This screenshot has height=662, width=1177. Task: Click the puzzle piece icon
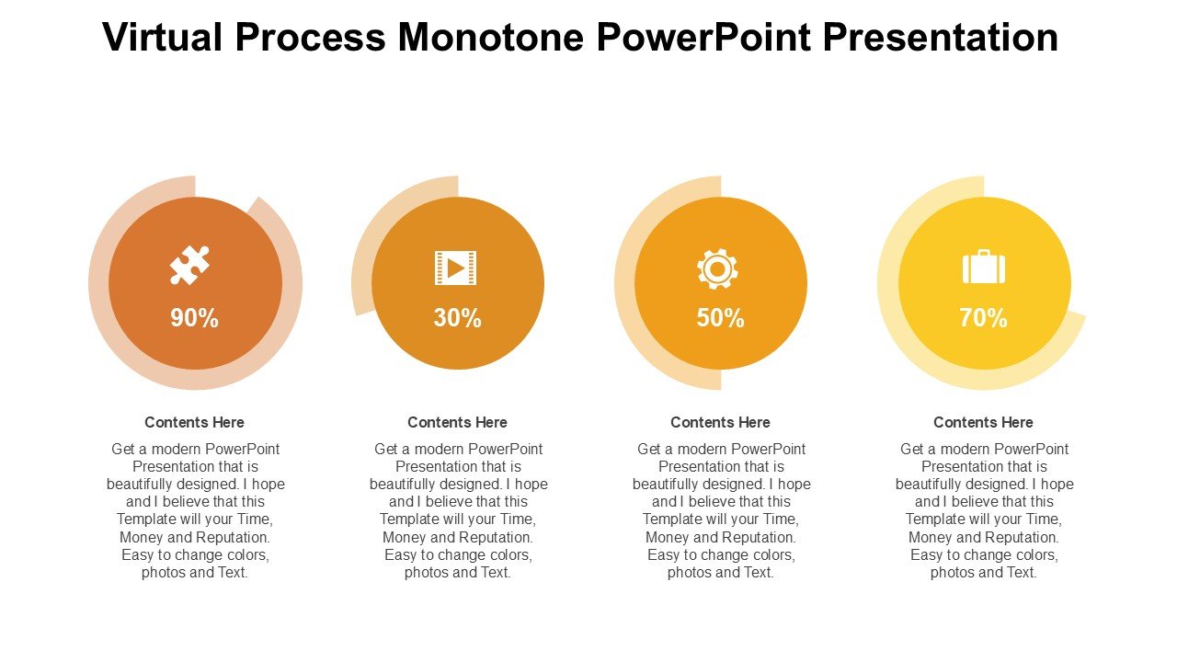[x=189, y=265]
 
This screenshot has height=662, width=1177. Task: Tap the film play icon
[x=455, y=268]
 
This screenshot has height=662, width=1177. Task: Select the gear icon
[x=717, y=268]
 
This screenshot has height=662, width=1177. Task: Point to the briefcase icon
[x=984, y=267]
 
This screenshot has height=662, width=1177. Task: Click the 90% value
[x=194, y=318]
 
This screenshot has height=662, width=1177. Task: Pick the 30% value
[x=458, y=318]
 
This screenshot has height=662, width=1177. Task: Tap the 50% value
[x=720, y=318]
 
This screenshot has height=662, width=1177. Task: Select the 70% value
[x=984, y=318]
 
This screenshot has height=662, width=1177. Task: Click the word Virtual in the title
[x=163, y=37]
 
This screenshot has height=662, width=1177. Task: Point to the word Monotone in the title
[x=491, y=37]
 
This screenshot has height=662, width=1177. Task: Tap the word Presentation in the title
[x=941, y=38]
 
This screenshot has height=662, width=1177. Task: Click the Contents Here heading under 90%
[x=194, y=422]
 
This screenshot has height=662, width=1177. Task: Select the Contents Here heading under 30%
[x=458, y=422]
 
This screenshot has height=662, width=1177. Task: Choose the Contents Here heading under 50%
[x=720, y=422]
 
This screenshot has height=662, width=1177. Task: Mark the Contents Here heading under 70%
[x=984, y=422]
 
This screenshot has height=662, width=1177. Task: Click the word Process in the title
[x=311, y=37]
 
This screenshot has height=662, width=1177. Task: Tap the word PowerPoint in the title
[x=704, y=38]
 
